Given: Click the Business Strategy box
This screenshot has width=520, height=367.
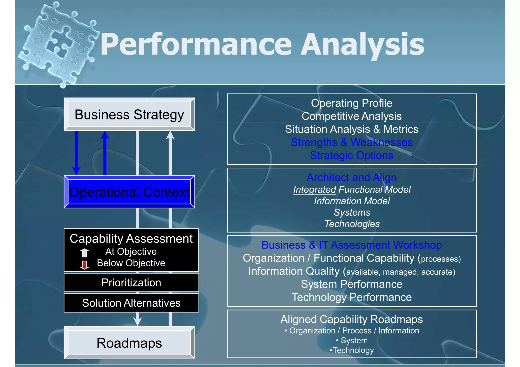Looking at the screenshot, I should (x=129, y=114).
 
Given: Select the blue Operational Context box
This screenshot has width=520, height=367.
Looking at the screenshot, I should (x=129, y=192).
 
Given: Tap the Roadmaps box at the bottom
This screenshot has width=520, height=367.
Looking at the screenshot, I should (x=129, y=343).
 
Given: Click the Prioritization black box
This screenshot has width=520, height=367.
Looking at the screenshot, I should (x=131, y=283).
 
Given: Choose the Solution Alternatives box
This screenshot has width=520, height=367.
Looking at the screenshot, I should (x=131, y=303).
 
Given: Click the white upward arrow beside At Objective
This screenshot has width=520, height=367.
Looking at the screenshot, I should (x=84, y=253).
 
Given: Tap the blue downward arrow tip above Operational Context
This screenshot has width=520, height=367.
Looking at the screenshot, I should (x=76, y=171).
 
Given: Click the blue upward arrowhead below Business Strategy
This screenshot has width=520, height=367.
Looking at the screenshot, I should (x=105, y=136).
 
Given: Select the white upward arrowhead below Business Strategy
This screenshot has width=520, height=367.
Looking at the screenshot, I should (x=170, y=136).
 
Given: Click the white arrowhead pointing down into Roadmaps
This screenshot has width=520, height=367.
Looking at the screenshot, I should (x=137, y=322).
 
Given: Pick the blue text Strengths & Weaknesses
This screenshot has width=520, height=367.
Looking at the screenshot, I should (x=351, y=142).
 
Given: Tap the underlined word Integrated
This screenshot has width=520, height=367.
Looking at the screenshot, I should (x=314, y=189).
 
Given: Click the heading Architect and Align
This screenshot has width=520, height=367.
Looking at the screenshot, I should (x=351, y=177).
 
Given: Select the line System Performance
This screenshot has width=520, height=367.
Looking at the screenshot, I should (x=351, y=284).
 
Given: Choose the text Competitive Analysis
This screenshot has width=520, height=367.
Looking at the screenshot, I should (x=351, y=116).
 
